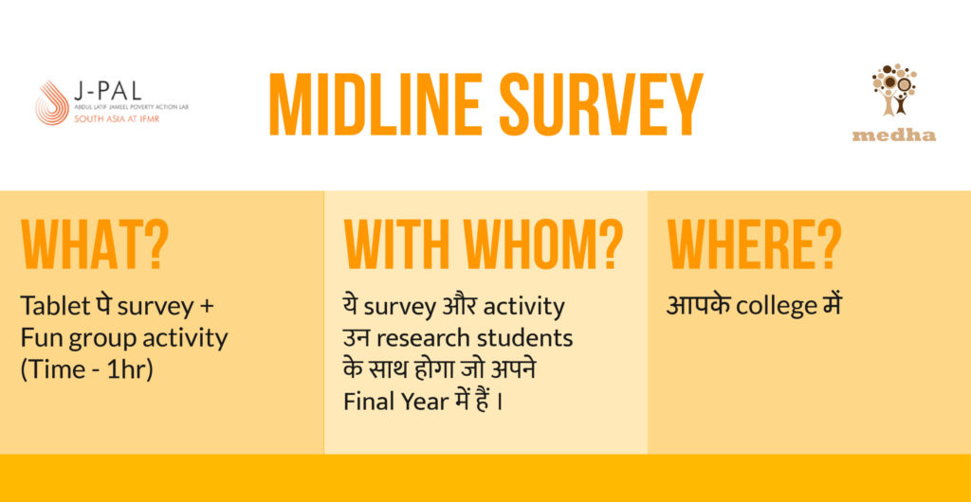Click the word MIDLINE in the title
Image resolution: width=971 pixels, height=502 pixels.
tap(376, 104)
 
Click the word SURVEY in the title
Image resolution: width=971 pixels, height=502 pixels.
tap(600, 104)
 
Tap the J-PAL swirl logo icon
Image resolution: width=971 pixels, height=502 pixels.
tap(52, 102)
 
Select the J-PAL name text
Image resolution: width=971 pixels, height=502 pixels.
tap(107, 92)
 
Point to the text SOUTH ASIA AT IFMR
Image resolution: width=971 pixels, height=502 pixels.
tap(117, 118)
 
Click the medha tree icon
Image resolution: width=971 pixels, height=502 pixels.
tap(894, 90)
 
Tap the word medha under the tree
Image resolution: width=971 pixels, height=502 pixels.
tap(893, 134)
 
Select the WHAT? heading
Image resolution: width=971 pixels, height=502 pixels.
tap(95, 244)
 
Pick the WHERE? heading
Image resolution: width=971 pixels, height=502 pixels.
tap(754, 244)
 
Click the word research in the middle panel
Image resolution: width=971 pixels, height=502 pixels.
tap(423, 339)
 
